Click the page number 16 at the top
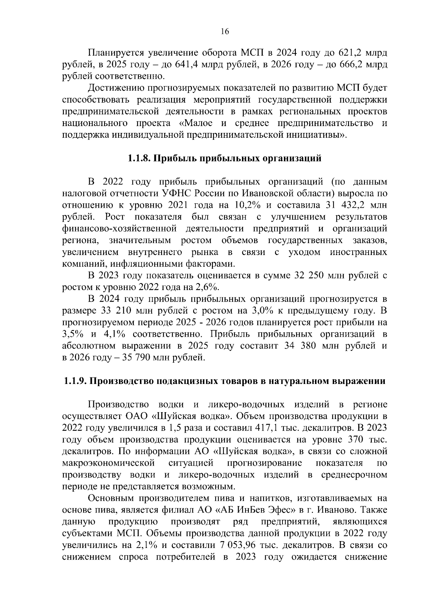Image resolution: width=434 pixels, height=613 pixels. tap(225, 31)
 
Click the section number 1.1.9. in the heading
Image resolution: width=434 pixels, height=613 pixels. tap(75, 381)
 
